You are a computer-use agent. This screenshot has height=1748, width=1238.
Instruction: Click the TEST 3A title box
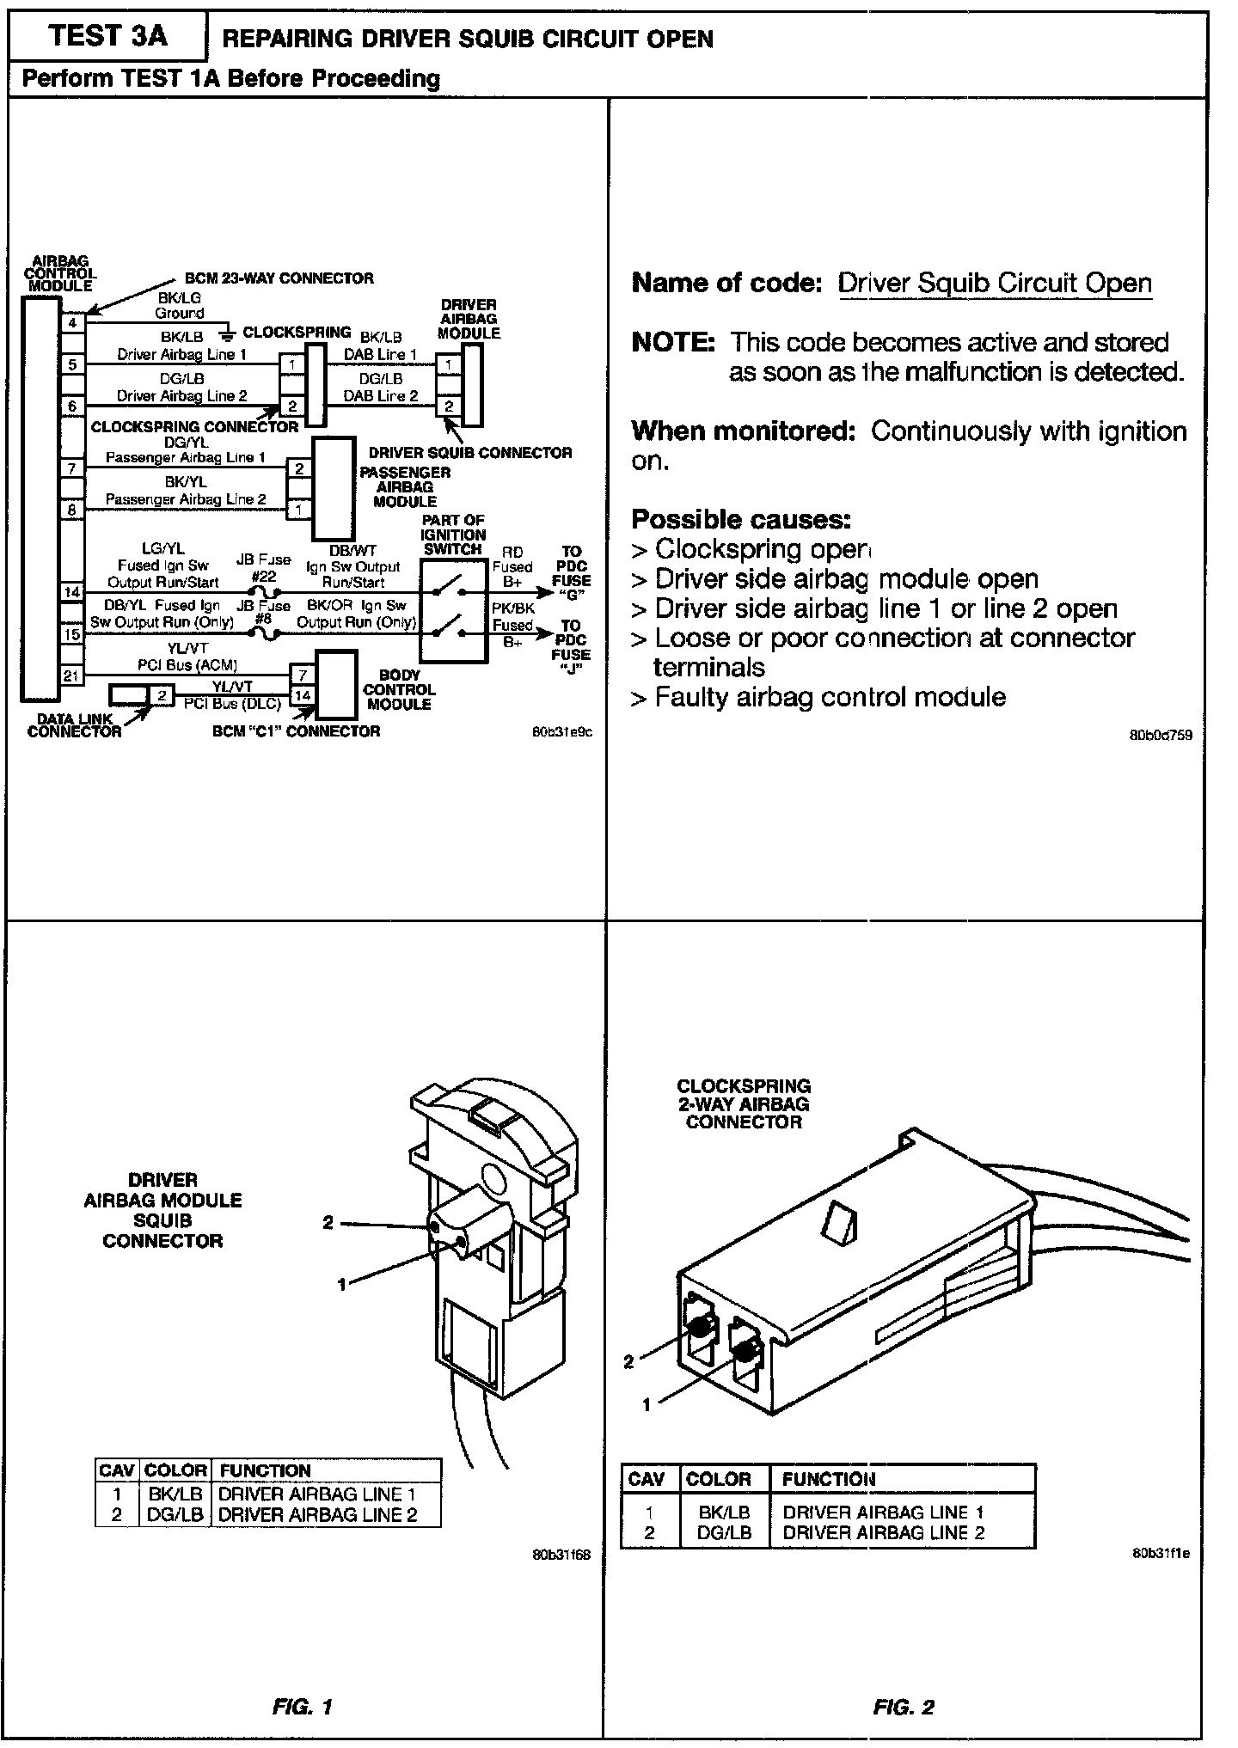107,37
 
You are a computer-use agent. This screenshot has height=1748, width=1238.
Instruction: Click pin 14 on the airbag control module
72,592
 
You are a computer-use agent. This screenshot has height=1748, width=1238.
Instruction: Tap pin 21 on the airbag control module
72,675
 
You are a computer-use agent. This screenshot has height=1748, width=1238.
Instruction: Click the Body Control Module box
337,684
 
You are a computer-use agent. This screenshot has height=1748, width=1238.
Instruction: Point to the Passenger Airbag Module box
334,488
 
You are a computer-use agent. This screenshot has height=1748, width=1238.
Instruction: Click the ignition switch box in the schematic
454,610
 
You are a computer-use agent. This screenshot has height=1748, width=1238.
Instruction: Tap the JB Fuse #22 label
263,568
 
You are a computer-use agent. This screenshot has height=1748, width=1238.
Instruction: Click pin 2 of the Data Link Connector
161,694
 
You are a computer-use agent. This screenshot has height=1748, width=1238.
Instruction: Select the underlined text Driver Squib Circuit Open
995,283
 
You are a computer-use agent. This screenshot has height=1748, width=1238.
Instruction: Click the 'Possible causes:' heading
741,519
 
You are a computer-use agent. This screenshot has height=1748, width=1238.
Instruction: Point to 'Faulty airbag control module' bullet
830,696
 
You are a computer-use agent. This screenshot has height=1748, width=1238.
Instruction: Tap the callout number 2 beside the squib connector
328,1223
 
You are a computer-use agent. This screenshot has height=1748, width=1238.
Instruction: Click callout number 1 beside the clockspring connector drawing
647,1404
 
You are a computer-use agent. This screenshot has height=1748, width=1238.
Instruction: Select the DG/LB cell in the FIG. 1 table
175,1514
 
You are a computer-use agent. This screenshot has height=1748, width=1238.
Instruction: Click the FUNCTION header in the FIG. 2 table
829,1479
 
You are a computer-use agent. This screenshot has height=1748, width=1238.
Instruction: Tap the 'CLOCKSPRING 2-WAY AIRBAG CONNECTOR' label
744,1103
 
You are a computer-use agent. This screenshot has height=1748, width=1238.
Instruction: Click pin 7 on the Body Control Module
303,675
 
